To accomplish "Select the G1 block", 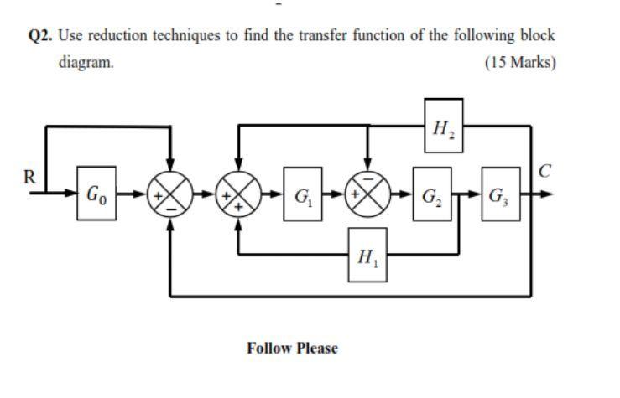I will tap(300, 196).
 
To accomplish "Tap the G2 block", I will tap(430, 196).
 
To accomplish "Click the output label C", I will tap(545, 173).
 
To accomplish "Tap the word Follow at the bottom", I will tap(268, 347).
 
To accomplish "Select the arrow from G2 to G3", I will tap(472, 196).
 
